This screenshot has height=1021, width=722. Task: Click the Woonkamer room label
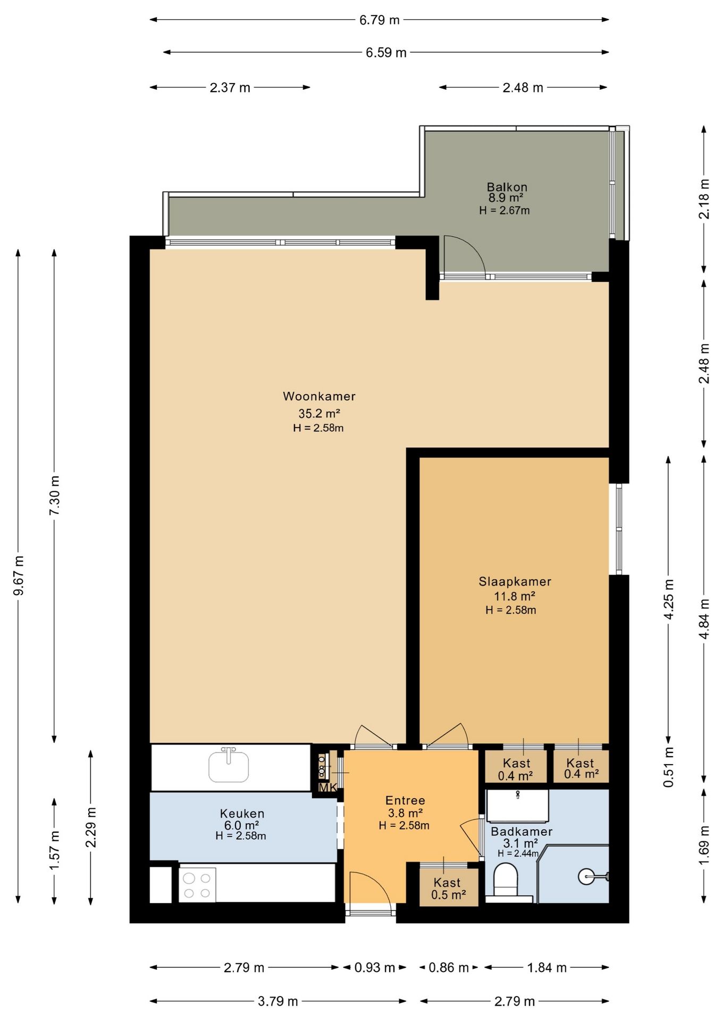click(319, 396)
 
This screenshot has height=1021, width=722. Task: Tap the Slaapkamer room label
click(515, 581)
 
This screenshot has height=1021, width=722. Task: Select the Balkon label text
click(507, 187)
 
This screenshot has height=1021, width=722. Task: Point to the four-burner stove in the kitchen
click(197, 885)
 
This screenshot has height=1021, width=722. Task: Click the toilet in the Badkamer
click(506, 880)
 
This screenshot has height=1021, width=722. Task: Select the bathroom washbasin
click(517, 806)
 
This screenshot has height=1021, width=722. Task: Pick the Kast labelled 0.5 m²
click(448, 889)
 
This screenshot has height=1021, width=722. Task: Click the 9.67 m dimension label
click(19, 576)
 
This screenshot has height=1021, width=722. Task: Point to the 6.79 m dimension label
click(380, 20)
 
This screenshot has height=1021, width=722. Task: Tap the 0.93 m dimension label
click(375, 967)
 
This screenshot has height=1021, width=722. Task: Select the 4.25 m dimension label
click(669, 599)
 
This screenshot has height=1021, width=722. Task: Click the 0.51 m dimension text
click(669, 767)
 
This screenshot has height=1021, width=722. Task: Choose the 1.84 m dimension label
click(547, 967)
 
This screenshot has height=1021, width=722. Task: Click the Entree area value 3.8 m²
click(405, 813)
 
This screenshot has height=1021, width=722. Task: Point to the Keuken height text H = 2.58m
click(241, 835)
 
